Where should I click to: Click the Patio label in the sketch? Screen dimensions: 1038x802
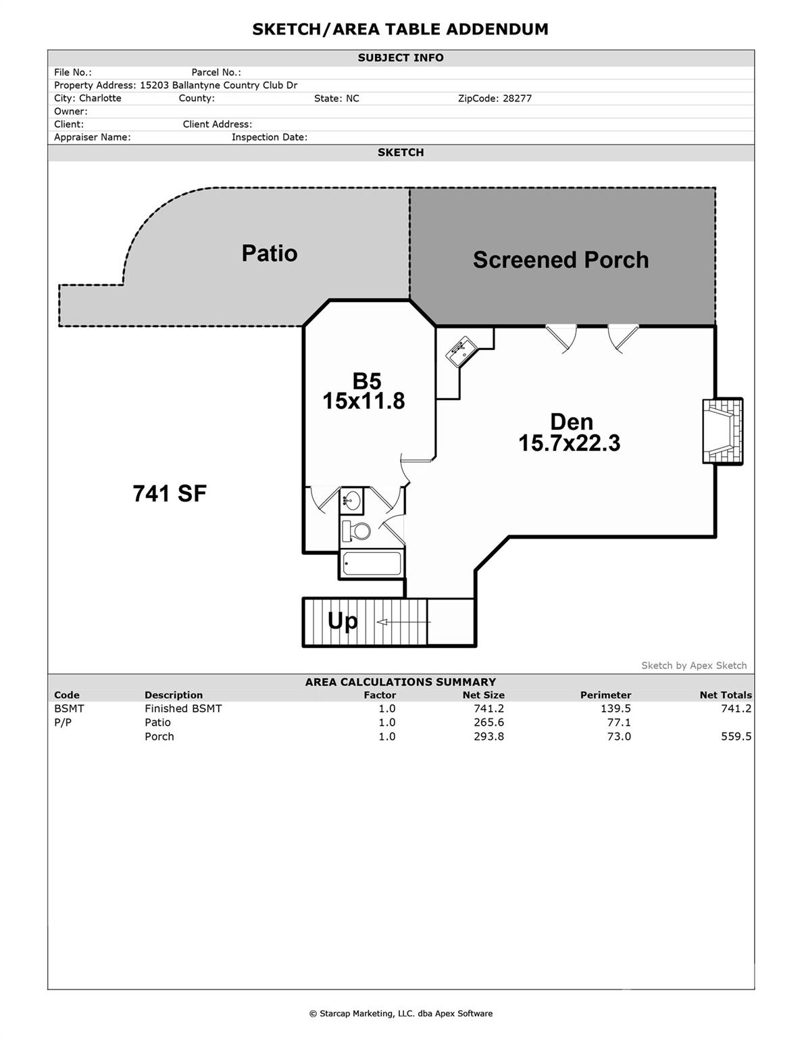(270, 253)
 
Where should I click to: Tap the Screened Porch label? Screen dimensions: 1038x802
(560, 260)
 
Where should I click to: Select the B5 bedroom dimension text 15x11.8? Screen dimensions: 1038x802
(364, 401)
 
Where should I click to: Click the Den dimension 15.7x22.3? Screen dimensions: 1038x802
(569, 443)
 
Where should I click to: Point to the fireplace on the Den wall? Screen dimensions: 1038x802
(722, 431)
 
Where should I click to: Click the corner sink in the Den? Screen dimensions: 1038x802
(462, 351)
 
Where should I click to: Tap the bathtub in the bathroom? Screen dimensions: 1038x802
(371, 564)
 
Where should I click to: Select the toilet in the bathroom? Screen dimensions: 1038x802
(356, 530)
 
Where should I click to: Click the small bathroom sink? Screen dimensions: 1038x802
(351, 501)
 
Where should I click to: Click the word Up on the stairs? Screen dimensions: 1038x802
(343, 621)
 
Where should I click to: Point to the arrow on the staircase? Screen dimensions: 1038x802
(403, 622)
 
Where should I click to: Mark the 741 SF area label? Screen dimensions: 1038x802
(170, 494)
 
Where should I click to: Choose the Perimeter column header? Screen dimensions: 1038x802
(605, 695)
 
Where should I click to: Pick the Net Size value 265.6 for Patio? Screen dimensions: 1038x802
(488, 722)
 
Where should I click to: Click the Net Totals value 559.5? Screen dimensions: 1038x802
(736, 737)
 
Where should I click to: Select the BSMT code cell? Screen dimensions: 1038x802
(69, 708)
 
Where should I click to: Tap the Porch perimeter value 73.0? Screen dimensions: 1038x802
(619, 737)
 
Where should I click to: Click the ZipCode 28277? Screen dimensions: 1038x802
(495, 99)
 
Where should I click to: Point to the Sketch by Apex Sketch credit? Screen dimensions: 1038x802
(694, 666)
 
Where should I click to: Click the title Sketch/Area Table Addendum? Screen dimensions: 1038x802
(400, 29)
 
